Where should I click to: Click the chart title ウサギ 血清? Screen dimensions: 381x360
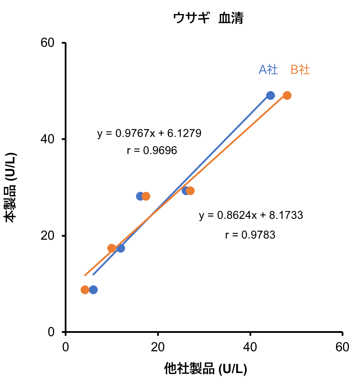click(x=208, y=18)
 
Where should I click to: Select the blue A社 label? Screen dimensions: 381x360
click(x=268, y=70)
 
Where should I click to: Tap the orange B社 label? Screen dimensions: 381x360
click(x=300, y=70)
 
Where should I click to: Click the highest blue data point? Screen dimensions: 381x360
click(x=270, y=95)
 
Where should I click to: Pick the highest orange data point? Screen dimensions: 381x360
click(x=287, y=95)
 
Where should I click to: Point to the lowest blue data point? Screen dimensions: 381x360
click(x=93, y=290)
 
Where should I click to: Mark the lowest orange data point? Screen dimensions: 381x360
click(x=85, y=290)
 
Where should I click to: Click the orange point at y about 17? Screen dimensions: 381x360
click(x=111, y=248)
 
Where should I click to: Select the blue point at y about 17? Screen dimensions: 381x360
click(x=120, y=248)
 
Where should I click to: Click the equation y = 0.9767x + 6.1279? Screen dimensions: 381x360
click(x=149, y=133)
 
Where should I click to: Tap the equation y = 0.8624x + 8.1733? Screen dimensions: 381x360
click(x=251, y=215)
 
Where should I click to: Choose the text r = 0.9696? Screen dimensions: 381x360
click(x=152, y=150)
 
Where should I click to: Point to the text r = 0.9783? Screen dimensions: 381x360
click(x=250, y=235)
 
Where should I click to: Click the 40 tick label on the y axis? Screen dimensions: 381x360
click(x=49, y=139)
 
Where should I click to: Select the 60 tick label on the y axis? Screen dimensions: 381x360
click(x=49, y=43)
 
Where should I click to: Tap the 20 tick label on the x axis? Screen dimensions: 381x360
click(x=158, y=347)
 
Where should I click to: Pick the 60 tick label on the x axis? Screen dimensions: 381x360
click(x=342, y=347)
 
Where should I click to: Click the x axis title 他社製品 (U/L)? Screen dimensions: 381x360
click(x=205, y=369)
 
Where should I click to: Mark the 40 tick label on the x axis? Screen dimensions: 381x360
click(x=250, y=347)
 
